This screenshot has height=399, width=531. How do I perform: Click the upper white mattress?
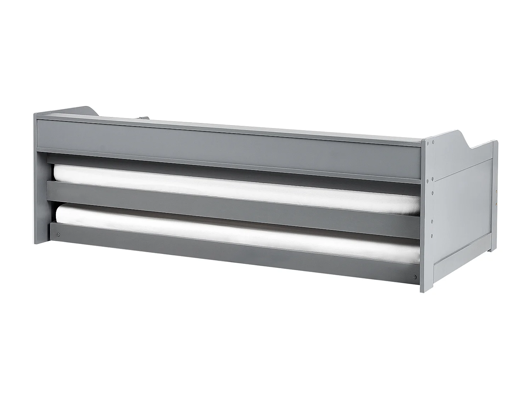click(x=234, y=188)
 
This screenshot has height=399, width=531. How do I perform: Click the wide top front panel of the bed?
click(x=227, y=142)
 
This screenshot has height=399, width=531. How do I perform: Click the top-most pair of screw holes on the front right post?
click(x=431, y=143)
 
